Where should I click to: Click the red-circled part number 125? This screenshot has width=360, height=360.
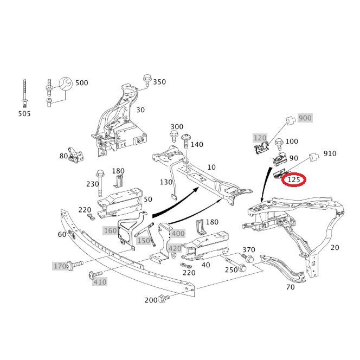[294, 179]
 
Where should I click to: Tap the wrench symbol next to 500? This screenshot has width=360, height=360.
[66, 83]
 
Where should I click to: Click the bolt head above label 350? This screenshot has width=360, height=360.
[147, 78]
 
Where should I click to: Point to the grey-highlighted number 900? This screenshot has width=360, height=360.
[305, 118]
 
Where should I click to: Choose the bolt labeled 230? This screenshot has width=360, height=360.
[100, 183]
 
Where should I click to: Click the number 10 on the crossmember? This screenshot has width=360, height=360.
[211, 167]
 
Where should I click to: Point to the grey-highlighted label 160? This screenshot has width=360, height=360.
[111, 230]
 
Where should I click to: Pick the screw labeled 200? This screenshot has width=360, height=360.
[165, 298]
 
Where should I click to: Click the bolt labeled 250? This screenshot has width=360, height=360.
[235, 265]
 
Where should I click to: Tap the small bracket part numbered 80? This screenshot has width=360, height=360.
[75, 155]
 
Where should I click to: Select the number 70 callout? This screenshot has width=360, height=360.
[291, 287]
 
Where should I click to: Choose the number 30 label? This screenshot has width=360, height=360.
[140, 110]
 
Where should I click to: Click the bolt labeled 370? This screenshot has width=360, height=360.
[247, 258]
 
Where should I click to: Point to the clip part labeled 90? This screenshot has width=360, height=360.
[280, 159]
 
